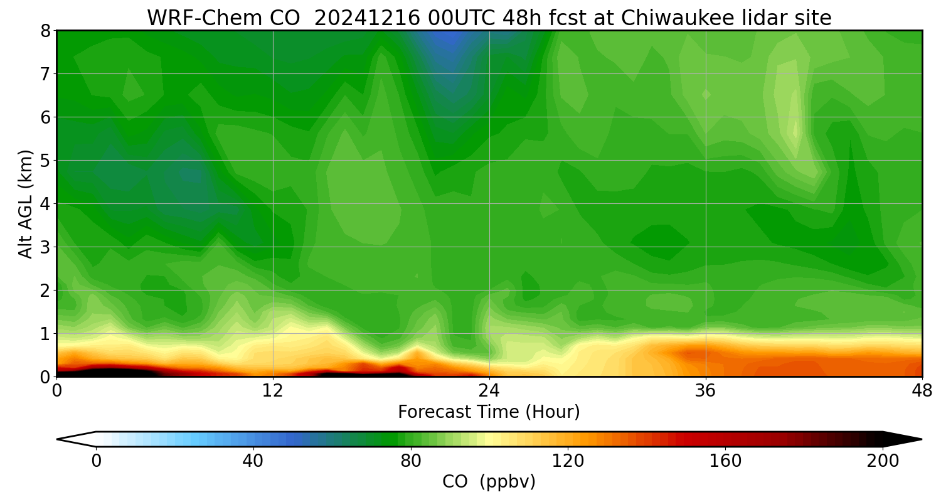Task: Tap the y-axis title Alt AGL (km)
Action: [26, 203]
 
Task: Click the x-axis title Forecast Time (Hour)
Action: [489, 412]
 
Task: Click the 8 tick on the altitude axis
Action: [45, 31]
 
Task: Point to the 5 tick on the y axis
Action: [45, 161]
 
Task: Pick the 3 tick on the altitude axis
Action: [45, 247]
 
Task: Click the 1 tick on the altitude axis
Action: [45, 334]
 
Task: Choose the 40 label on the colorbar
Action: [253, 461]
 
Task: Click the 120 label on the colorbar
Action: [568, 461]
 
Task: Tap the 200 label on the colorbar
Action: [883, 461]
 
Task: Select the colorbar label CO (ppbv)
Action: [489, 482]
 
